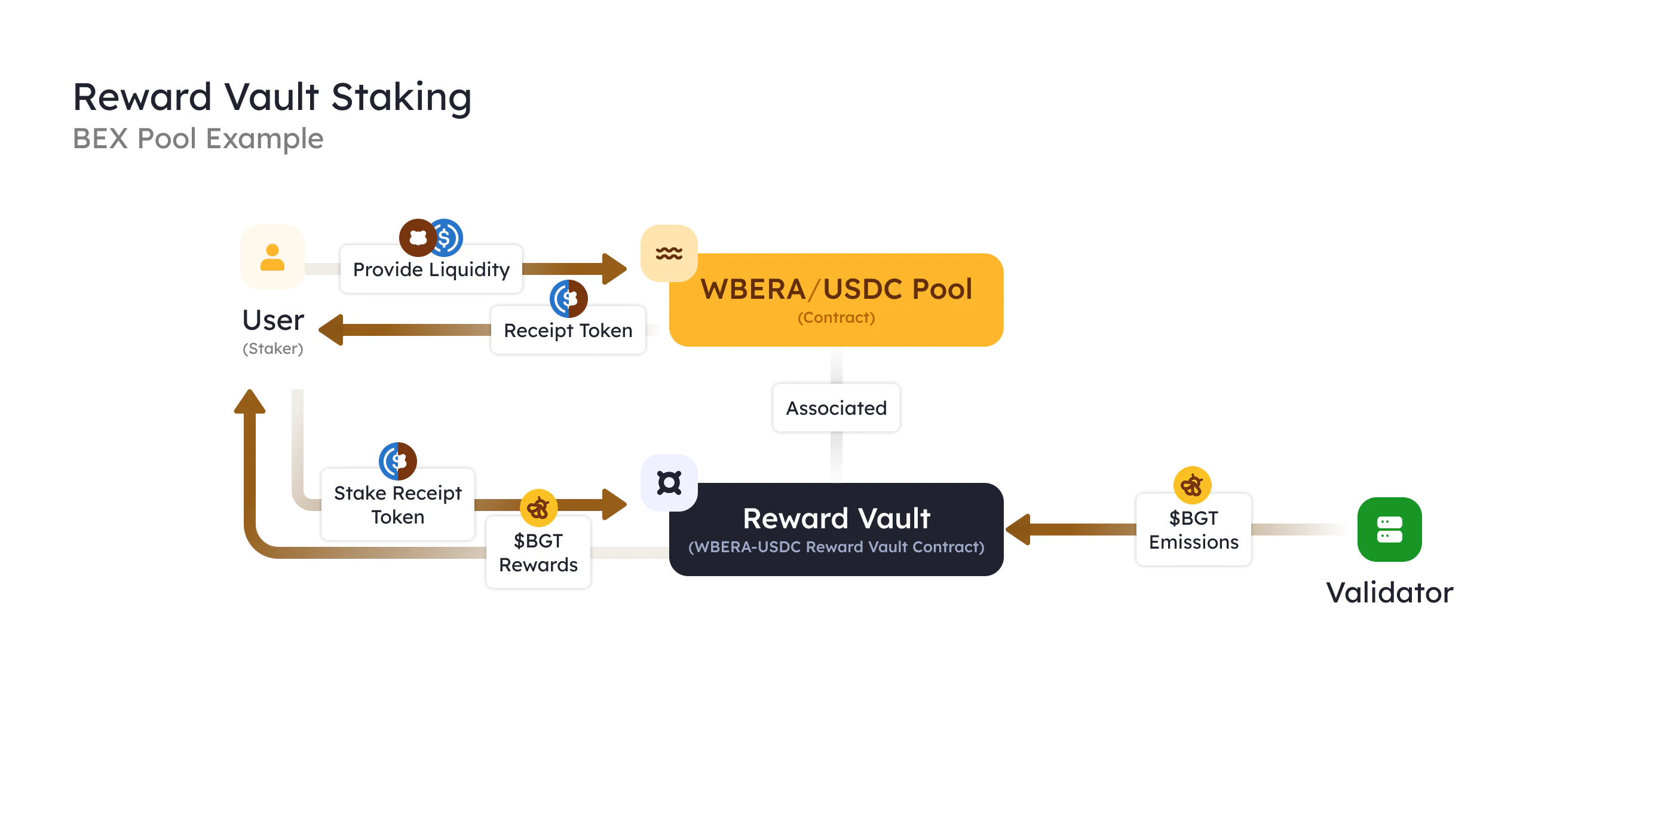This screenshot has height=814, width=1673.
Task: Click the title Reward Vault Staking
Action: (x=271, y=97)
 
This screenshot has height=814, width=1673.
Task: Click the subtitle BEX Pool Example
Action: (x=198, y=139)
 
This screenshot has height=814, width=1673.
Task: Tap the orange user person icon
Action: (x=272, y=257)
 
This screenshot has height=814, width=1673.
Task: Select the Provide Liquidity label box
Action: (x=431, y=270)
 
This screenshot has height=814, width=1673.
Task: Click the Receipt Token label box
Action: (x=568, y=331)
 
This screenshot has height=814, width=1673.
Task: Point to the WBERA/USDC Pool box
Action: (x=836, y=299)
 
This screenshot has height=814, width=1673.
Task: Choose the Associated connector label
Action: (x=836, y=408)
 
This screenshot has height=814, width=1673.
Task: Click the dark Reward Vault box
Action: (x=836, y=530)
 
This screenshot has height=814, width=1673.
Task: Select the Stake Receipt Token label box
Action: (x=397, y=505)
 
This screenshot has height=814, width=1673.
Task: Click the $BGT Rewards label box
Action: (x=538, y=553)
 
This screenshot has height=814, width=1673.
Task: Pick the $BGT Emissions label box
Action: (x=1193, y=530)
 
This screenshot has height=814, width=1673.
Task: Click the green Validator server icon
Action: (x=1389, y=530)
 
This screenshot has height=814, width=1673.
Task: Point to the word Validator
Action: (x=1389, y=592)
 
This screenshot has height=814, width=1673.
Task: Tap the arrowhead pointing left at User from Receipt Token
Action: (x=331, y=330)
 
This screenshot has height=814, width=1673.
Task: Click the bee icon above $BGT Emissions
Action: (x=1192, y=485)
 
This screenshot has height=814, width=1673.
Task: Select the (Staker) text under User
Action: (x=273, y=349)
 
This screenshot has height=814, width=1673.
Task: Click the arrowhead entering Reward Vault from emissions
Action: (x=1018, y=530)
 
